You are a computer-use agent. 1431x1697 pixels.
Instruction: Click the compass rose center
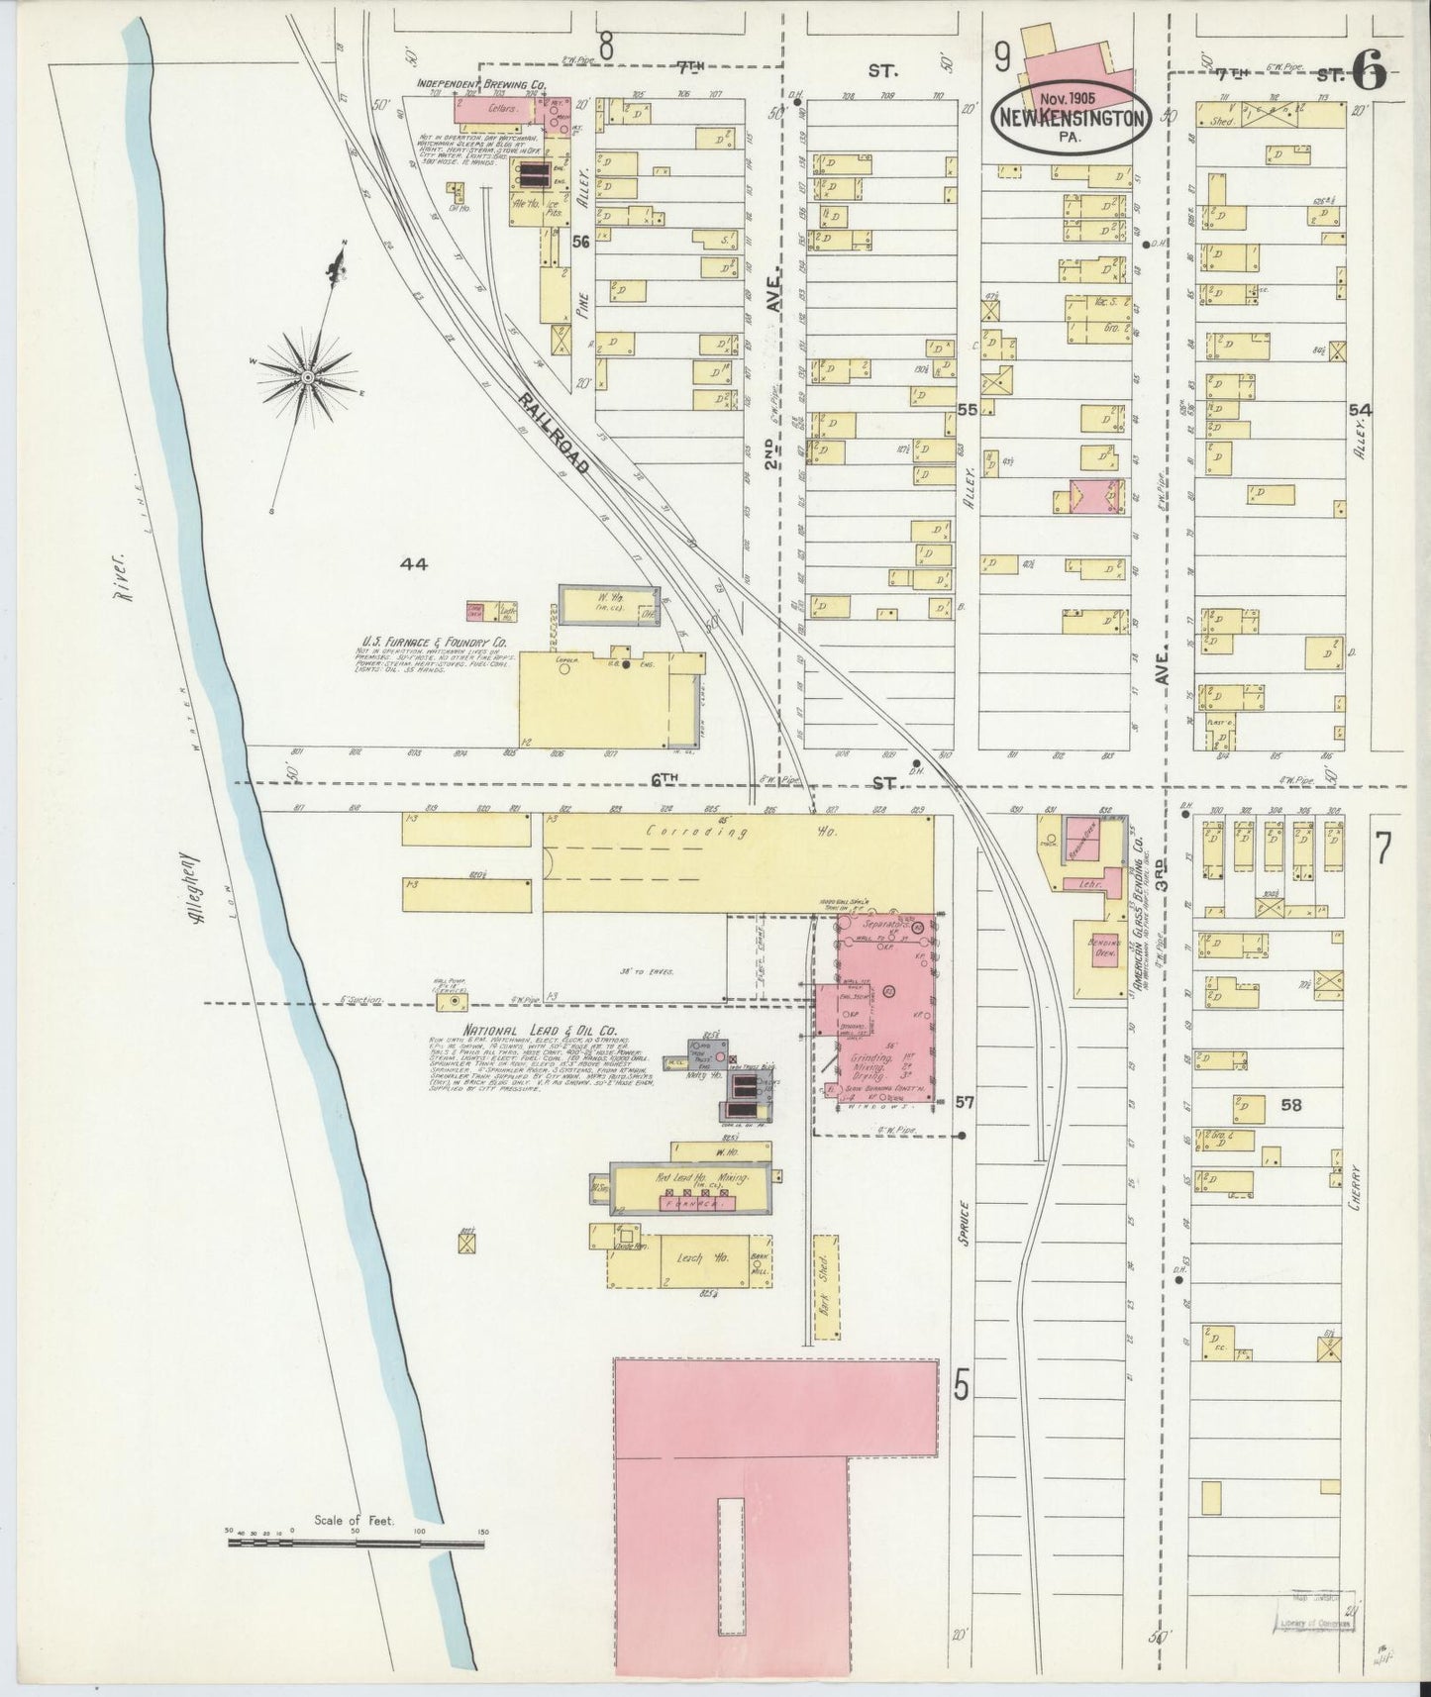pyautogui.click(x=308, y=377)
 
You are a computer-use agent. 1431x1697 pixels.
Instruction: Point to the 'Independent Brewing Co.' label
pyautogui.click(x=481, y=85)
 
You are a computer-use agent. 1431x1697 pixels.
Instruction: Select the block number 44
pyautogui.click(x=413, y=564)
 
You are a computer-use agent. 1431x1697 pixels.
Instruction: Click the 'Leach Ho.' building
pyautogui.click(x=690, y=1259)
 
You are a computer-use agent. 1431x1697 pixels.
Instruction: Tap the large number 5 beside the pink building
pyautogui.click(x=961, y=1388)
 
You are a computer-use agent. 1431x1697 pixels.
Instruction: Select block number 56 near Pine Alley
pyautogui.click(x=580, y=240)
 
